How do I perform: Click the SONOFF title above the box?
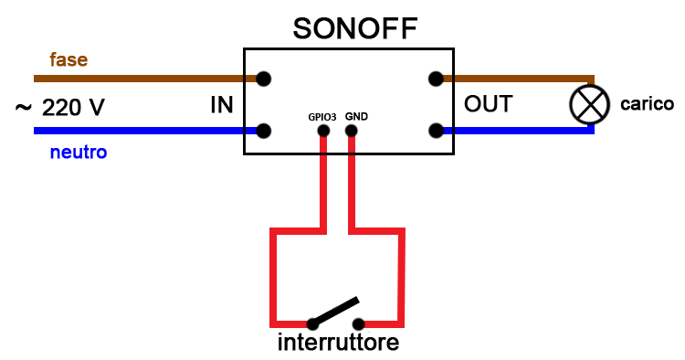click(354, 27)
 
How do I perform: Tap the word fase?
click(68, 60)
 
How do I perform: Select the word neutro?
click(78, 152)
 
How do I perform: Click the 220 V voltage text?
click(73, 108)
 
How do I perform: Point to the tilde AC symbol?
click(24, 108)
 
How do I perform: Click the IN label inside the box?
click(222, 105)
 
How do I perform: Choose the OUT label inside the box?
click(488, 104)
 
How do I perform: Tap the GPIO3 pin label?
click(322, 117)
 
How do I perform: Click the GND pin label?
click(356, 117)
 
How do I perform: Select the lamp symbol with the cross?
click(588, 104)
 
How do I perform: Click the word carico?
click(647, 104)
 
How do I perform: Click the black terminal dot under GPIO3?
click(322, 132)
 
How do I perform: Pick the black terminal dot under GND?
click(352, 132)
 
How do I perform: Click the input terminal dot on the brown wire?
click(264, 79)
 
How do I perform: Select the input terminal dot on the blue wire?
click(264, 131)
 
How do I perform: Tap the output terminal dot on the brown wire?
click(437, 79)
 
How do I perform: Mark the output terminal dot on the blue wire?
click(437, 131)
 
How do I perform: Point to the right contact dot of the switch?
click(359, 323)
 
